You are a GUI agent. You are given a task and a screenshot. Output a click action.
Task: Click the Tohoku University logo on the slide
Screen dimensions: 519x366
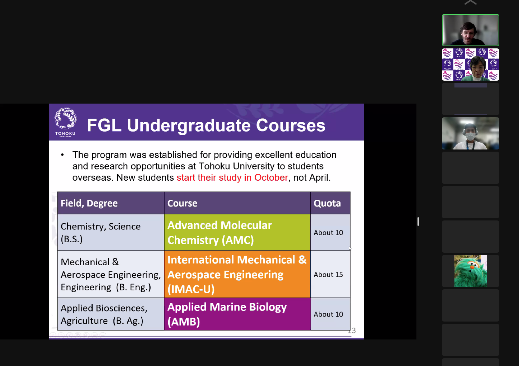pos(65,122)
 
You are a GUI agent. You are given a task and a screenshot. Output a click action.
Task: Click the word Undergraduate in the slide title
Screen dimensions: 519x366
pos(189,126)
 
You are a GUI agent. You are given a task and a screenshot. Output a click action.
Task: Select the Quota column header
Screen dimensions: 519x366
pos(330,203)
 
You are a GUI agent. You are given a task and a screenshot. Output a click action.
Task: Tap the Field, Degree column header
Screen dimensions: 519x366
pos(111,203)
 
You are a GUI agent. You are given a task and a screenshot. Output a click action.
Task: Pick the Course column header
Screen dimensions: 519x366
pos(237,203)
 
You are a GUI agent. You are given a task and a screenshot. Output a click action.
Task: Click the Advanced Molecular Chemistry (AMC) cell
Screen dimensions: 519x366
pos(237,232)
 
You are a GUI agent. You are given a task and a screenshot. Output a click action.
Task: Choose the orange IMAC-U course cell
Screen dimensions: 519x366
pos(237,274)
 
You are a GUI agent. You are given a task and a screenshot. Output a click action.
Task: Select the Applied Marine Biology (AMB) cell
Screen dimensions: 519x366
pos(237,314)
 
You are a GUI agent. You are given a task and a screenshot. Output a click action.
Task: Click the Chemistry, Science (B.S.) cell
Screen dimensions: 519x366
pos(111,232)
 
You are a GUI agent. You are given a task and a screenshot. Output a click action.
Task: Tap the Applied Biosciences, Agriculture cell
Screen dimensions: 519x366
pos(111,314)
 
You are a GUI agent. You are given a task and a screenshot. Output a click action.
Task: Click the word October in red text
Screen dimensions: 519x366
pos(271,177)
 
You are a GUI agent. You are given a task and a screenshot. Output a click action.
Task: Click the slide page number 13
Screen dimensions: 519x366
pos(351,331)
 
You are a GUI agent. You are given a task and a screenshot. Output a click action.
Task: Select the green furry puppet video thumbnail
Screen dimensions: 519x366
pos(470,271)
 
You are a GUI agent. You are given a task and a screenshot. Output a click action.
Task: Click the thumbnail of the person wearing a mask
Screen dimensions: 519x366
pos(470,133)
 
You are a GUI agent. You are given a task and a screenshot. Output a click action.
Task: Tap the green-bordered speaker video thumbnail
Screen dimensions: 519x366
pos(470,30)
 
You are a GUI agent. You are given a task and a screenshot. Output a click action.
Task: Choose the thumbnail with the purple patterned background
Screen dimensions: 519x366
pos(470,65)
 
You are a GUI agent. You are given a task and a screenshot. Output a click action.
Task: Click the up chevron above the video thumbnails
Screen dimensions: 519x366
pos(470,3)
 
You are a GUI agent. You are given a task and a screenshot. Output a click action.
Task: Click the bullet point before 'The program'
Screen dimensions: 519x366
pos(62,155)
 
